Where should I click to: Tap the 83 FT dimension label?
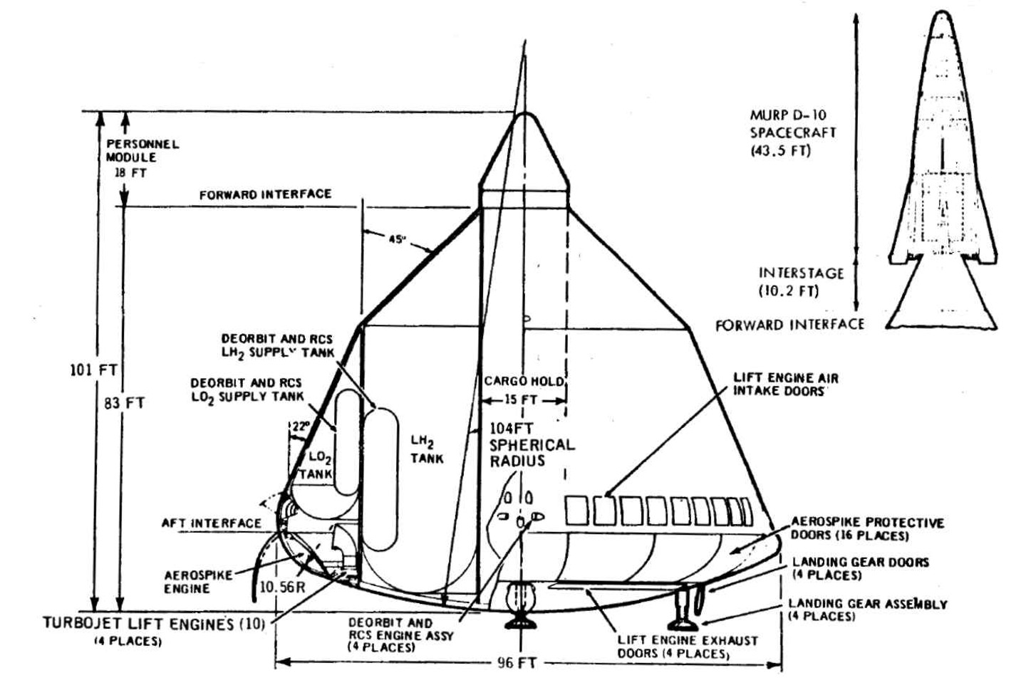coord(125,402)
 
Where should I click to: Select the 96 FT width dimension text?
coord(515,663)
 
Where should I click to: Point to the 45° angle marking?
coord(398,239)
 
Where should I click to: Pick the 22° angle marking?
coord(301,427)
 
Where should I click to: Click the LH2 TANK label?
coord(426,450)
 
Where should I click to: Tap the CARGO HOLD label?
coord(524,382)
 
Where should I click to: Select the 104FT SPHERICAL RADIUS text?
coord(531,444)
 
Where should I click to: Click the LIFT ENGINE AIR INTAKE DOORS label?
coord(785,385)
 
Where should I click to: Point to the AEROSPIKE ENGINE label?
coord(188,582)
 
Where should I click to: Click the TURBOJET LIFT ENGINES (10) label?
coord(153,624)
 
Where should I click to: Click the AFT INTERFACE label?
coord(211,523)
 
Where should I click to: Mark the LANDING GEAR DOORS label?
coord(860,568)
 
